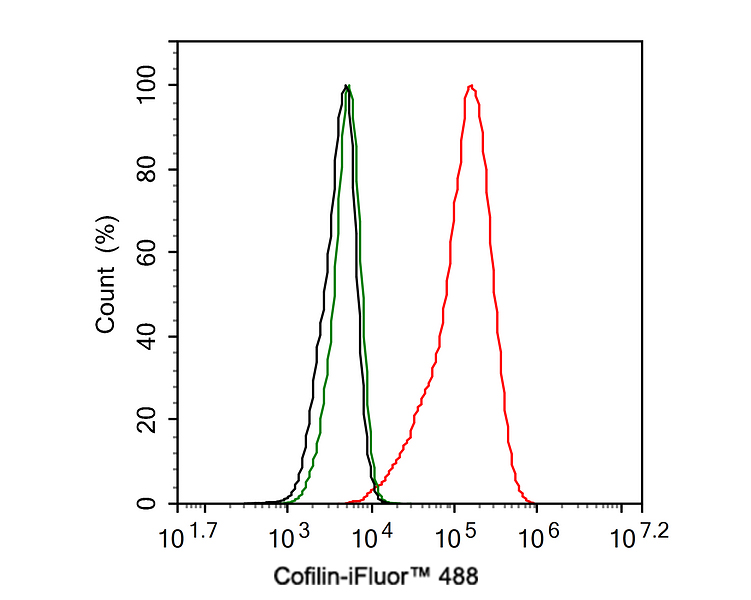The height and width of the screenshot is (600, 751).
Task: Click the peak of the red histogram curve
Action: tap(471, 86)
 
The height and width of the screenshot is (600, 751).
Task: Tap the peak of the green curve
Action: tap(348, 86)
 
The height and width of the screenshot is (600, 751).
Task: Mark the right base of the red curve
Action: tap(533, 502)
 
